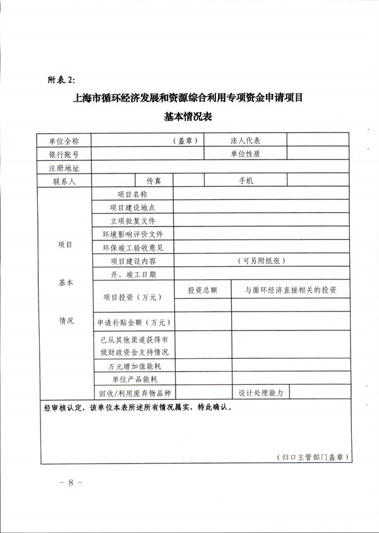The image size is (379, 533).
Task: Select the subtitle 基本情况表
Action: pyautogui.click(x=189, y=117)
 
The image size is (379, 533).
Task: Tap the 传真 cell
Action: pyautogui.click(x=154, y=181)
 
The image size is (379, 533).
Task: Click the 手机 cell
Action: pyautogui.click(x=245, y=181)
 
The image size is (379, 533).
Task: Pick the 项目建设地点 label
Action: pyautogui.click(x=133, y=208)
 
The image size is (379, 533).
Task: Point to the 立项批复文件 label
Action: pyautogui.click(x=133, y=221)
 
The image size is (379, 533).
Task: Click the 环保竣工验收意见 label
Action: pyautogui.click(x=133, y=247)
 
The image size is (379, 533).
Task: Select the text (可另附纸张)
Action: pyautogui.click(x=262, y=261)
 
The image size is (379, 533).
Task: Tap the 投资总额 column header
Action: pyautogui.click(x=202, y=290)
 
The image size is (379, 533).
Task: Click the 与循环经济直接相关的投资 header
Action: pyautogui.click(x=291, y=290)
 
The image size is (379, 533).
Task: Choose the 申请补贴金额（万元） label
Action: pyautogui.click(x=133, y=322)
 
